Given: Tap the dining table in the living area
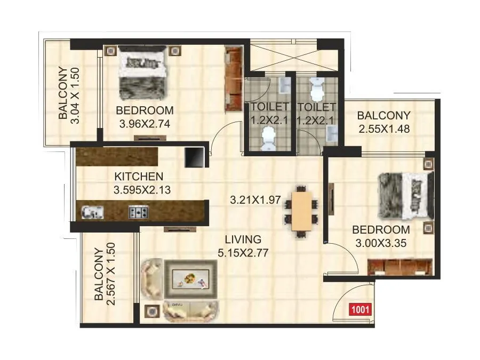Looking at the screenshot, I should (301, 208).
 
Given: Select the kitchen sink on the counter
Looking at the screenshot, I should (92, 213).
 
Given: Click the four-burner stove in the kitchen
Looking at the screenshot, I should (138, 213).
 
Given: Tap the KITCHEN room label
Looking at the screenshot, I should (139, 177).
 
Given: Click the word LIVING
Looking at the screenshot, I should (243, 239).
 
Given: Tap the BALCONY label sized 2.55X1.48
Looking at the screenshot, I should (383, 115).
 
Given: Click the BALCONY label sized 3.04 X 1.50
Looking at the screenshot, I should (63, 94).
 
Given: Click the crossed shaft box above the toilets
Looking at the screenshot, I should (294, 55).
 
